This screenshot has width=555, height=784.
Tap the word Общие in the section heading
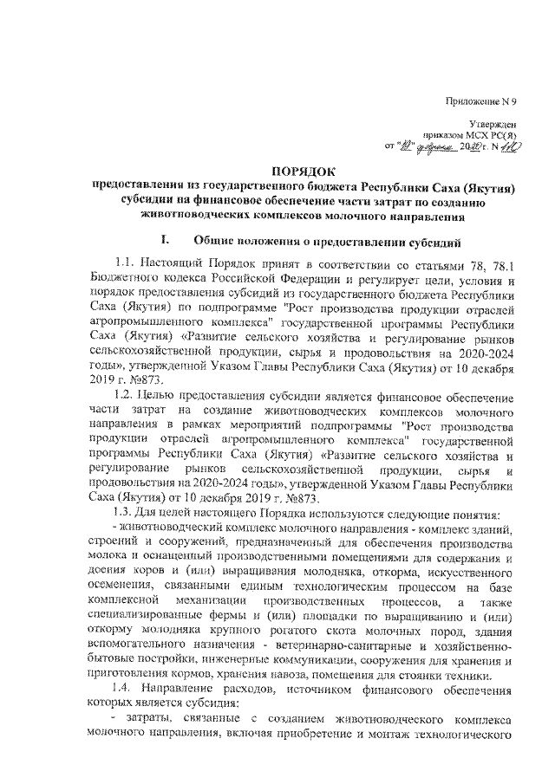(219, 239)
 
